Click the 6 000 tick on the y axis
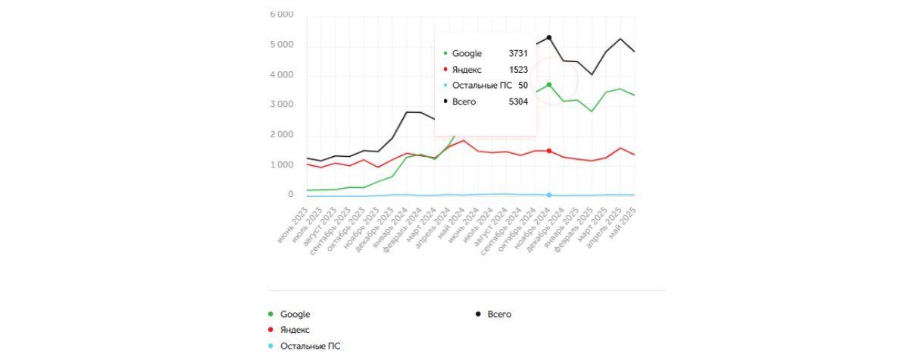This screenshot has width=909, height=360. pos(283,15)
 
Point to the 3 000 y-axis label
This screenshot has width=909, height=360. pos(283,105)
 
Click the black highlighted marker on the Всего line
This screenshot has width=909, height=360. pos(548,38)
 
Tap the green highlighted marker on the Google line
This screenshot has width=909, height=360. pos(548,85)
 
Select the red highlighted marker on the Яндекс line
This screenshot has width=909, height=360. pos(548,151)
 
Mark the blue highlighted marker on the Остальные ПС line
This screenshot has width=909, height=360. pos(548,195)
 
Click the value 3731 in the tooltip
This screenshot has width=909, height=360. pos(518,54)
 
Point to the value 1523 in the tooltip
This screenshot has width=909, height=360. pos(518,70)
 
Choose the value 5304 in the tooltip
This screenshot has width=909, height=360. pos(518,102)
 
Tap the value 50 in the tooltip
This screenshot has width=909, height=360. pos(523,86)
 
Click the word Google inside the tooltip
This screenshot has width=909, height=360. pos(467,54)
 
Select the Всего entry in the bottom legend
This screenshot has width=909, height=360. pos(499,314)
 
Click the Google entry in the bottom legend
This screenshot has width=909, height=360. pos(295,314)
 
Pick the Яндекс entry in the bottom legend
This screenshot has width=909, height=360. pos(295,330)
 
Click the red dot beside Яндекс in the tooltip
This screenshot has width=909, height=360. pos(445,70)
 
